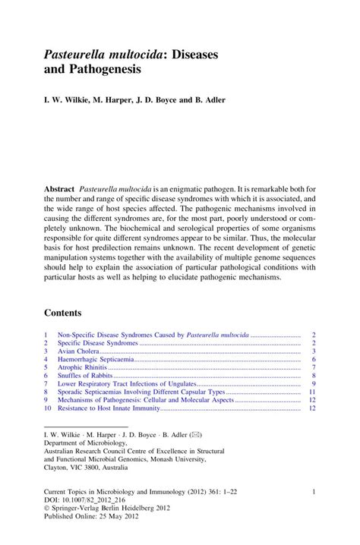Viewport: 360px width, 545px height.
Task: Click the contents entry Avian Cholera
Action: tap(79, 351)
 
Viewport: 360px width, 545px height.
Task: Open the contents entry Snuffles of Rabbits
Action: tap(86, 376)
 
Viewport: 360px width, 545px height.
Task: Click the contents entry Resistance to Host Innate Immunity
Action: tap(109, 408)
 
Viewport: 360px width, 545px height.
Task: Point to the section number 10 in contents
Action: tap(48, 408)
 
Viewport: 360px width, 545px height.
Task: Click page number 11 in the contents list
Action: tap(312, 392)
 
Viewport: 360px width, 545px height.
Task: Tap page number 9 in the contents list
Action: tap(313, 383)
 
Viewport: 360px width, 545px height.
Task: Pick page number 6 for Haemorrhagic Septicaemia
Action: tap(313, 359)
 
